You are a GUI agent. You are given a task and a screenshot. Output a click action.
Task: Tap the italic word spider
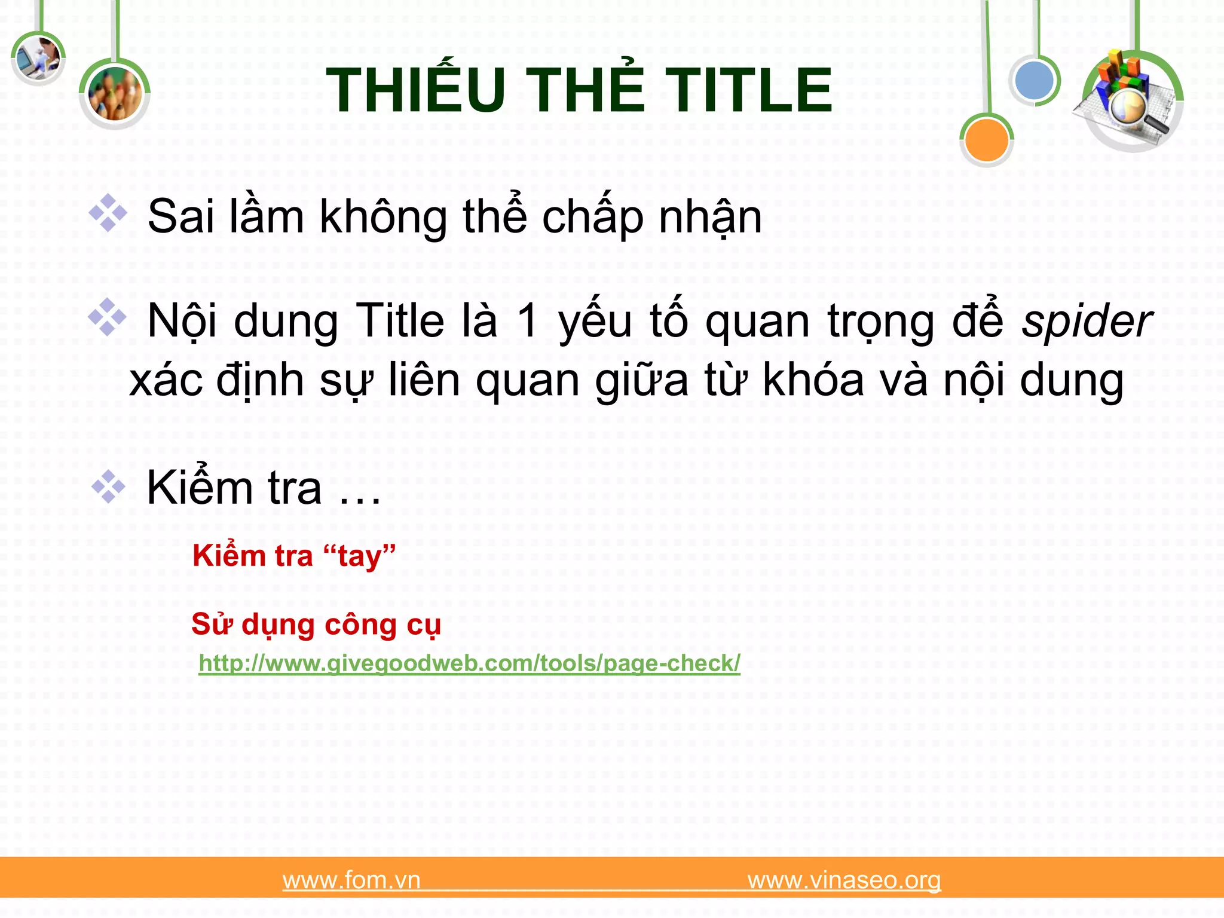pyautogui.click(x=1087, y=322)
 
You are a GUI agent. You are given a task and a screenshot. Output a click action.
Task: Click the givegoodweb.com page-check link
pyautogui.click(x=469, y=663)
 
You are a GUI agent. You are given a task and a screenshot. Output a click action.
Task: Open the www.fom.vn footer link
pyautogui.click(x=351, y=880)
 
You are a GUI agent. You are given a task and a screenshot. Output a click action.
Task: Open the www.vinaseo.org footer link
pyautogui.click(x=844, y=880)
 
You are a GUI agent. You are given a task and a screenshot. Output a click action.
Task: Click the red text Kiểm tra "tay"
pyautogui.click(x=294, y=556)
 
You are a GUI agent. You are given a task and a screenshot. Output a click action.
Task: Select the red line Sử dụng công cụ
pyautogui.click(x=316, y=625)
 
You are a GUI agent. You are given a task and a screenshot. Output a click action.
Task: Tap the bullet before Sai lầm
pyautogui.click(x=108, y=213)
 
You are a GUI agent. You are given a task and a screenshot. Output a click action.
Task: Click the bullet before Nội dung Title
pyautogui.click(x=108, y=317)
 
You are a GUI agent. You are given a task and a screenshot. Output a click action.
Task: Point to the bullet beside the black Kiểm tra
pyautogui.click(x=108, y=486)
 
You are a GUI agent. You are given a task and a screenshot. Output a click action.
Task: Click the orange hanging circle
pyautogui.click(x=986, y=140)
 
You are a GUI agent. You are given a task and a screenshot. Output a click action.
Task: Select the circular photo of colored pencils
pyautogui.click(x=115, y=94)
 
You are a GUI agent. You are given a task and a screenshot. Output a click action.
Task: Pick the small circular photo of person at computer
pyautogui.click(x=38, y=58)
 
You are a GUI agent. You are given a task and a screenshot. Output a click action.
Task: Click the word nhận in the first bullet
pyautogui.click(x=710, y=216)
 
